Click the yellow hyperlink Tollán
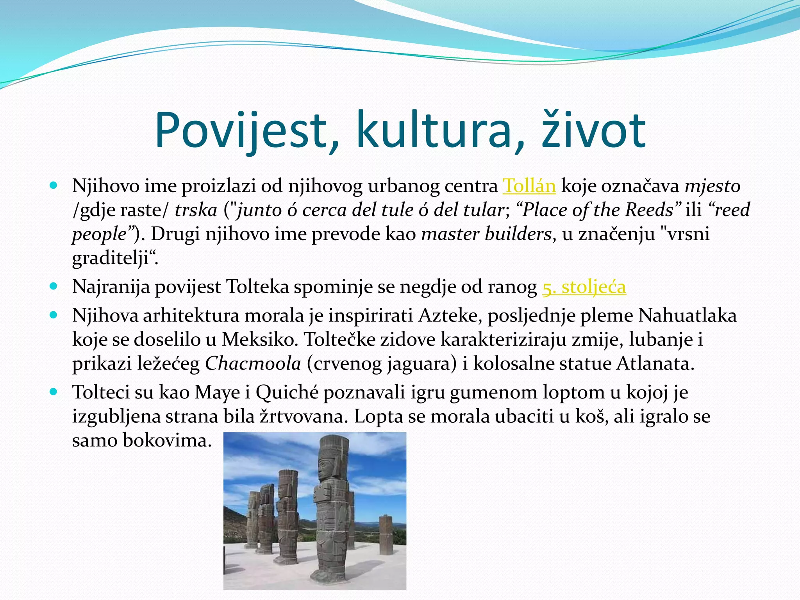pos(529,186)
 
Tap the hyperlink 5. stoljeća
pos(584,287)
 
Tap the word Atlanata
pos(655,364)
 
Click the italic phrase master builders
pos(486,234)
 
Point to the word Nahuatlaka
pos(687,316)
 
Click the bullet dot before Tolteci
pos(54,391)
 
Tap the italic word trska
pos(196,210)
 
